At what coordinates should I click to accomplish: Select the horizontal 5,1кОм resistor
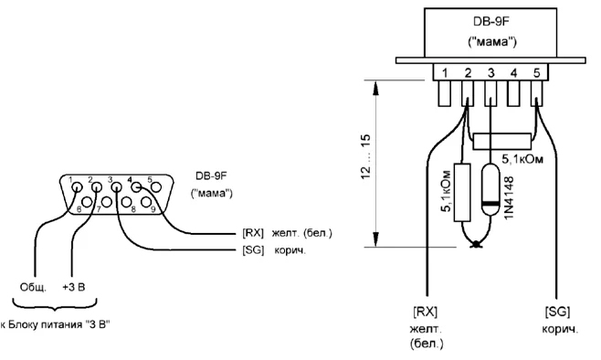click(502, 142)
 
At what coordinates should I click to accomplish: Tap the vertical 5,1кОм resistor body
click(462, 193)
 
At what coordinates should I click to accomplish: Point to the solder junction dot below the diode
click(476, 243)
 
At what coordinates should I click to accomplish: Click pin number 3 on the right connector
click(490, 73)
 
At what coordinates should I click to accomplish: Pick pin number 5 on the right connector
click(537, 73)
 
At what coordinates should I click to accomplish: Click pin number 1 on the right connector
click(445, 73)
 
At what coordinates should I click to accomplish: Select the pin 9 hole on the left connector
click(145, 201)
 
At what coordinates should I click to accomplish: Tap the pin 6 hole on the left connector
click(87, 201)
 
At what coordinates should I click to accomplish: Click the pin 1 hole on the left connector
click(78, 187)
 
